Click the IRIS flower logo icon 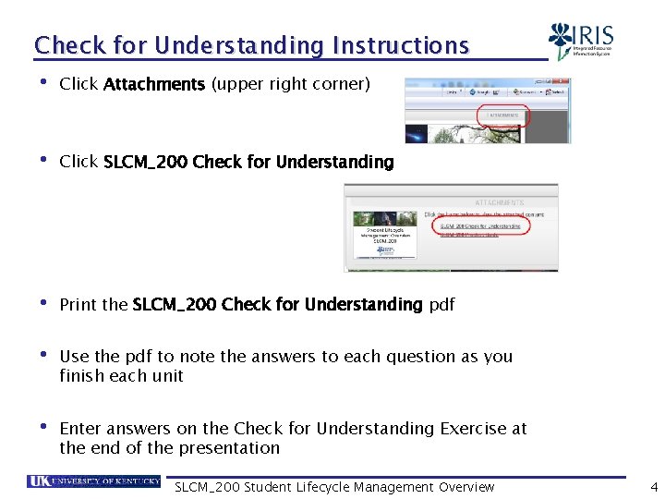tap(560, 41)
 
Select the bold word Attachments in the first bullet tap(154, 85)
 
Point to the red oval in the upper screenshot tap(502, 116)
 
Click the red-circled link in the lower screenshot tap(479, 225)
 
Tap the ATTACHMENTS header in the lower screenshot tap(499, 201)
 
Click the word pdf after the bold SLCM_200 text tap(441, 305)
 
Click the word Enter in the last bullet tap(79, 429)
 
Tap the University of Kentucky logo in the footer tap(93, 482)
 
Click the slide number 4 tap(653, 487)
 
